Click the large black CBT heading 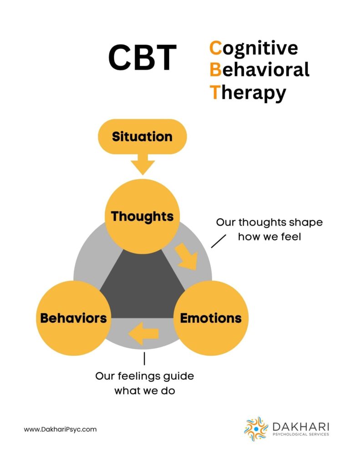point(142,57)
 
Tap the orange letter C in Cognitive point(216,48)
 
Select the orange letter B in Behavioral point(215,70)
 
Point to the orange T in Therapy point(215,92)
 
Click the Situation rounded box point(142,137)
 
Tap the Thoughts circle point(142,216)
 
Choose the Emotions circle point(211,318)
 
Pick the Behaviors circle point(74,318)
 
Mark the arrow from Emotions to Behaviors point(144,334)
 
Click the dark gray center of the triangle point(142,290)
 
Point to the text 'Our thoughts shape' point(269,222)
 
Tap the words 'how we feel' point(269,237)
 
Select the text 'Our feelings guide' point(144,376)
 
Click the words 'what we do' point(144,390)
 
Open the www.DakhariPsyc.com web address point(61,430)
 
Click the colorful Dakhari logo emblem point(256,429)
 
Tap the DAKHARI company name point(301,427)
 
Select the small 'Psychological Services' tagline point(301,435)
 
